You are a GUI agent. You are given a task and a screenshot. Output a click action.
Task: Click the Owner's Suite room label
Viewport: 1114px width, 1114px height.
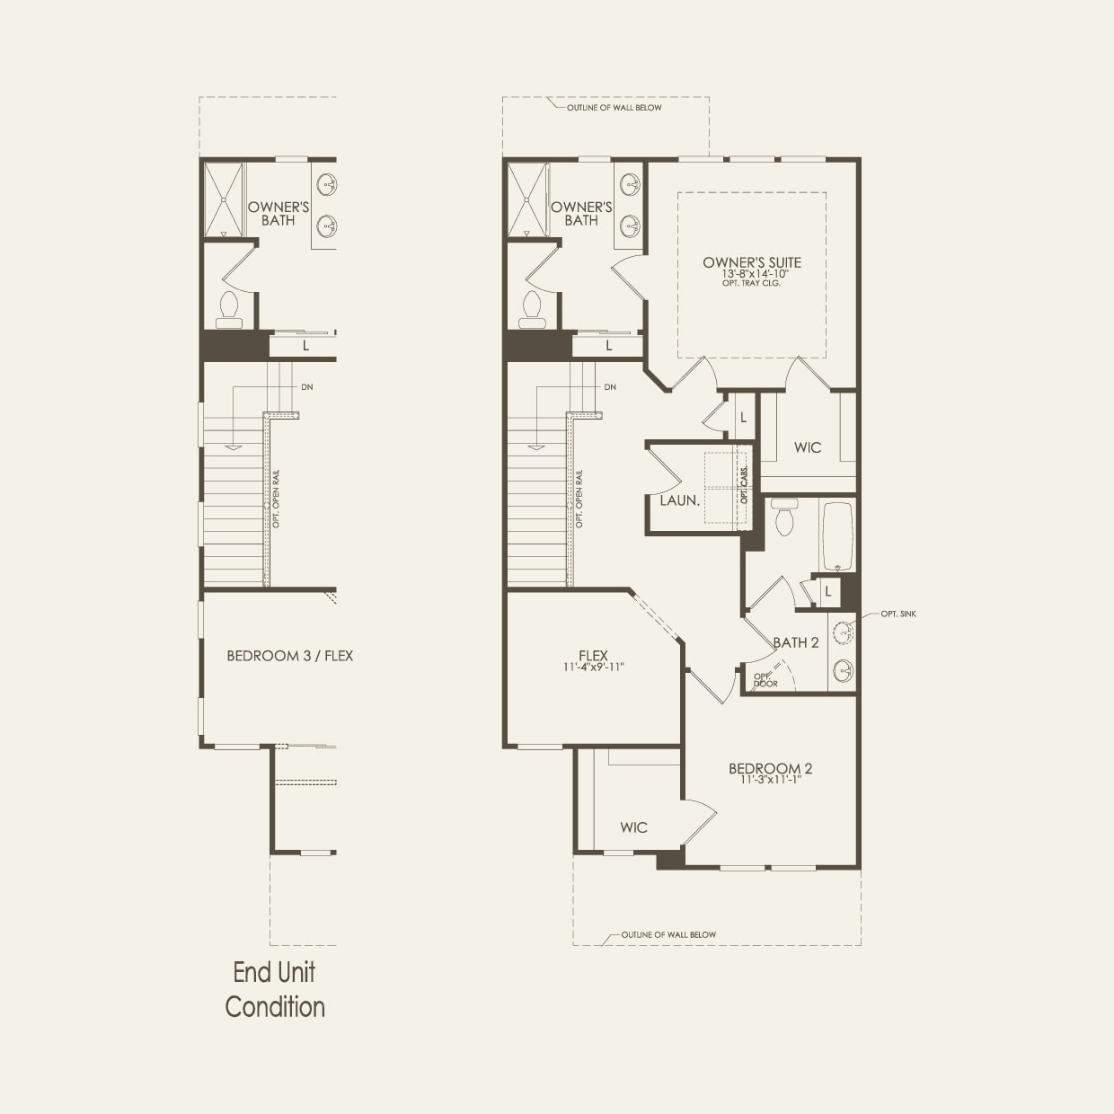[752, 262]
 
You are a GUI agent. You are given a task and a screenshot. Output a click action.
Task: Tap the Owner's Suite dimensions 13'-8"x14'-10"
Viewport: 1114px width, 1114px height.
[752, 274]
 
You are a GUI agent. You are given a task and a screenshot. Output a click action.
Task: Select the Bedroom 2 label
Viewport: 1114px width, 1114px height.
[770, 768]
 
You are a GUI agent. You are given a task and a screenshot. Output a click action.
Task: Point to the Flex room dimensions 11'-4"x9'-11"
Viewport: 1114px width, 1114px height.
[593, 668]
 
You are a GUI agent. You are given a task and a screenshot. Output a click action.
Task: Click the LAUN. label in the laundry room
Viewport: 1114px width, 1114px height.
[679, 500]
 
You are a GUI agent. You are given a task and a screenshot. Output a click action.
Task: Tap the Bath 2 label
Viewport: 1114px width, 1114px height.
[796, 642]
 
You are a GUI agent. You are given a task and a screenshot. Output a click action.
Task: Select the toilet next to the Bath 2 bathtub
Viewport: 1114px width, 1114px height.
[784, 517]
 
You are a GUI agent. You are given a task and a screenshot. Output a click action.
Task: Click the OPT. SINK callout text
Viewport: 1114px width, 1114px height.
[898, 614]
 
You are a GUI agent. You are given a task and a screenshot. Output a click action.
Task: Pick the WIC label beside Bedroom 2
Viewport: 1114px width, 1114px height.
[633, 827]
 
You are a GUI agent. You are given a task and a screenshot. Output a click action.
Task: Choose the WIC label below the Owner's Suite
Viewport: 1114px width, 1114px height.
[807, 447]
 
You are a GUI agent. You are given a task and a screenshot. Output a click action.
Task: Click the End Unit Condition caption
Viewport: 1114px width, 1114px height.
[275, 989]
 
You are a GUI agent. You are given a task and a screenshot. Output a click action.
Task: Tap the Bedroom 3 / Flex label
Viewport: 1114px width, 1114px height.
[289, 656]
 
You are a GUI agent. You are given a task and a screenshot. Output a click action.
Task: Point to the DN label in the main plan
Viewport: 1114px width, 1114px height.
[610, 387]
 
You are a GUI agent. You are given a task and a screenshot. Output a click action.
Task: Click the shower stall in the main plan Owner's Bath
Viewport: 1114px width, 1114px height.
[527, 199]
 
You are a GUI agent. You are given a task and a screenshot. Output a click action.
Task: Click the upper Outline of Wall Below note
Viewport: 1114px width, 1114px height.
[614, 108]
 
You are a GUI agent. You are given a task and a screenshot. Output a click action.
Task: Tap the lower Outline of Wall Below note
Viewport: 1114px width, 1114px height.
[668, 934]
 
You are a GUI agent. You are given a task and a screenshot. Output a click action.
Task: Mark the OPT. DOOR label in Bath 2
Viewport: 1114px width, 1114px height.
[765, 680]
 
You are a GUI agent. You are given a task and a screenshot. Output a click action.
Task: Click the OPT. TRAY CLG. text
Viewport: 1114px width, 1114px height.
[752, 284]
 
